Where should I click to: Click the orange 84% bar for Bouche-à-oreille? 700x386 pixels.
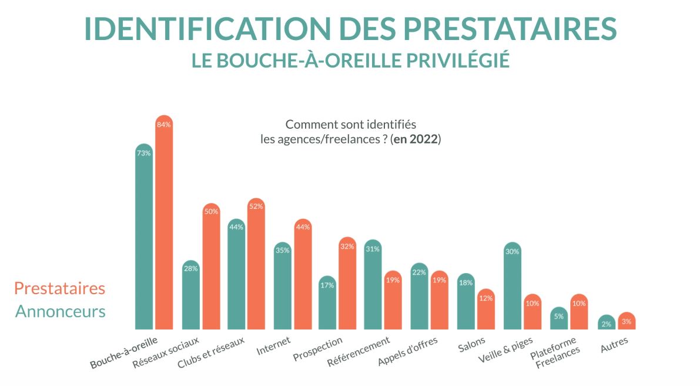164,224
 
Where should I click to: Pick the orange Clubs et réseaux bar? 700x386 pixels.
256,265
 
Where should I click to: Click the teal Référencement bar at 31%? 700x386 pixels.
373,285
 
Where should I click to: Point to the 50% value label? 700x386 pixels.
211,212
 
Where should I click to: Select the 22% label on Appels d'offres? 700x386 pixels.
419,272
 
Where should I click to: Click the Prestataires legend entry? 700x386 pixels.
59,289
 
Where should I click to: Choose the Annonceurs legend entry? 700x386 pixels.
60,311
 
